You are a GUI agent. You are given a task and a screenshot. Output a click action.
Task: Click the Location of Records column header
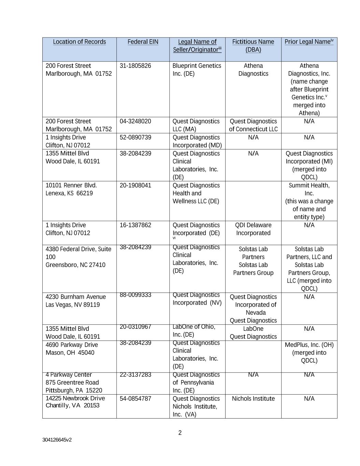coord(79,42)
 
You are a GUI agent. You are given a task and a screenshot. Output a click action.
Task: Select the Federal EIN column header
coord(143,42)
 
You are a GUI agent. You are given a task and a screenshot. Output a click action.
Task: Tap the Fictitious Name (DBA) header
coord(253,45)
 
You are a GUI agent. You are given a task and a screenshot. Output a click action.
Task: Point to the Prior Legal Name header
coord(309,42)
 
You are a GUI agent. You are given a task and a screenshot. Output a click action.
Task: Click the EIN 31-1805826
coord(135,66)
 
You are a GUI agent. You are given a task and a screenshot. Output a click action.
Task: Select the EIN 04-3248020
coord(135,121)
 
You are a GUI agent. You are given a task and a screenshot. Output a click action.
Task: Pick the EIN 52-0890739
coord(135,137)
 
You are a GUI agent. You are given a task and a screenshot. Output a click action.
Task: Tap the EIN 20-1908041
coord(135,185)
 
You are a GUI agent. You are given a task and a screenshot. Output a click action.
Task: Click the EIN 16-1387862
coord(135,225)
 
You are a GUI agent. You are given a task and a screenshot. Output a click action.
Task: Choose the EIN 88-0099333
coord(135,295)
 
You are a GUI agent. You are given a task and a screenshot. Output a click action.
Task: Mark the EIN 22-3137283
coord(135,375)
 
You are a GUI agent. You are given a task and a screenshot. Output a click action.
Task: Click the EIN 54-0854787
coord(135,398)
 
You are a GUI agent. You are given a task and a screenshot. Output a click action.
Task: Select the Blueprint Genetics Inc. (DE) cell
coord(197,70)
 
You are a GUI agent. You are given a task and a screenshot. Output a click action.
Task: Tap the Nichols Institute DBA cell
coord(253,398)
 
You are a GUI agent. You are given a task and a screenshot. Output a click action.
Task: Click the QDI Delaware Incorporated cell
coord(253,229)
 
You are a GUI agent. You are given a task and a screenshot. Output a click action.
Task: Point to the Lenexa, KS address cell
coord(71,189)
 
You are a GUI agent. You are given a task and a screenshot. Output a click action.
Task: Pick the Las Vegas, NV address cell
coord(75,301)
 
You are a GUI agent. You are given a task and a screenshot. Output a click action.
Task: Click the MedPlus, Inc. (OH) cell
coord(309,353)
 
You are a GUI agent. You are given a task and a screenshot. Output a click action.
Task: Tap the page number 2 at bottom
coord(180,433)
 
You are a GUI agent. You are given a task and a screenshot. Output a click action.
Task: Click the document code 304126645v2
coord(57,440)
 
